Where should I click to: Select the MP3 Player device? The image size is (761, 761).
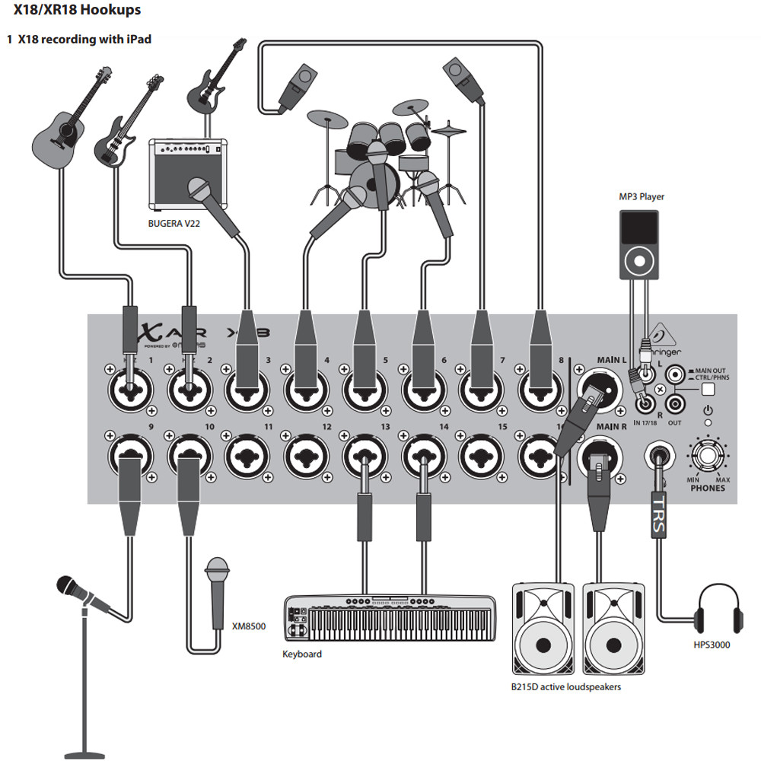coord(638,244)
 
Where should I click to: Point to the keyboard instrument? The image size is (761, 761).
coord(387,617)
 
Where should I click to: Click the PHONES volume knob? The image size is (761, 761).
coord(707,457)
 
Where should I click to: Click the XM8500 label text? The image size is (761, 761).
coord(250,626)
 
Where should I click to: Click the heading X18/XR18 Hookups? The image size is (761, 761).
coord(77,11)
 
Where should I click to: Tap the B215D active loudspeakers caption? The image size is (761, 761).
coord(566,686)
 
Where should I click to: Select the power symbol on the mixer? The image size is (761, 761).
coord(708,410)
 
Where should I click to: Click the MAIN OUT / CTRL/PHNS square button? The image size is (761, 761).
coord(709,389)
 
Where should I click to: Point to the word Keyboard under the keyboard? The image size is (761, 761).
coord(302,654)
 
